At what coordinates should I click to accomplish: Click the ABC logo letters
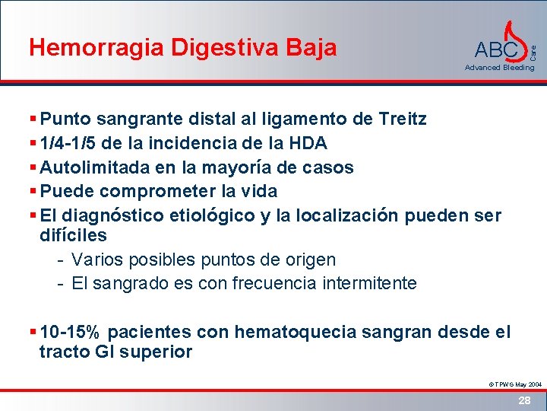point(496,50)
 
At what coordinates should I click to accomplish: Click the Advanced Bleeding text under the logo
point(500,68)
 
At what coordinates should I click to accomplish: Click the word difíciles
point(73,235)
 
